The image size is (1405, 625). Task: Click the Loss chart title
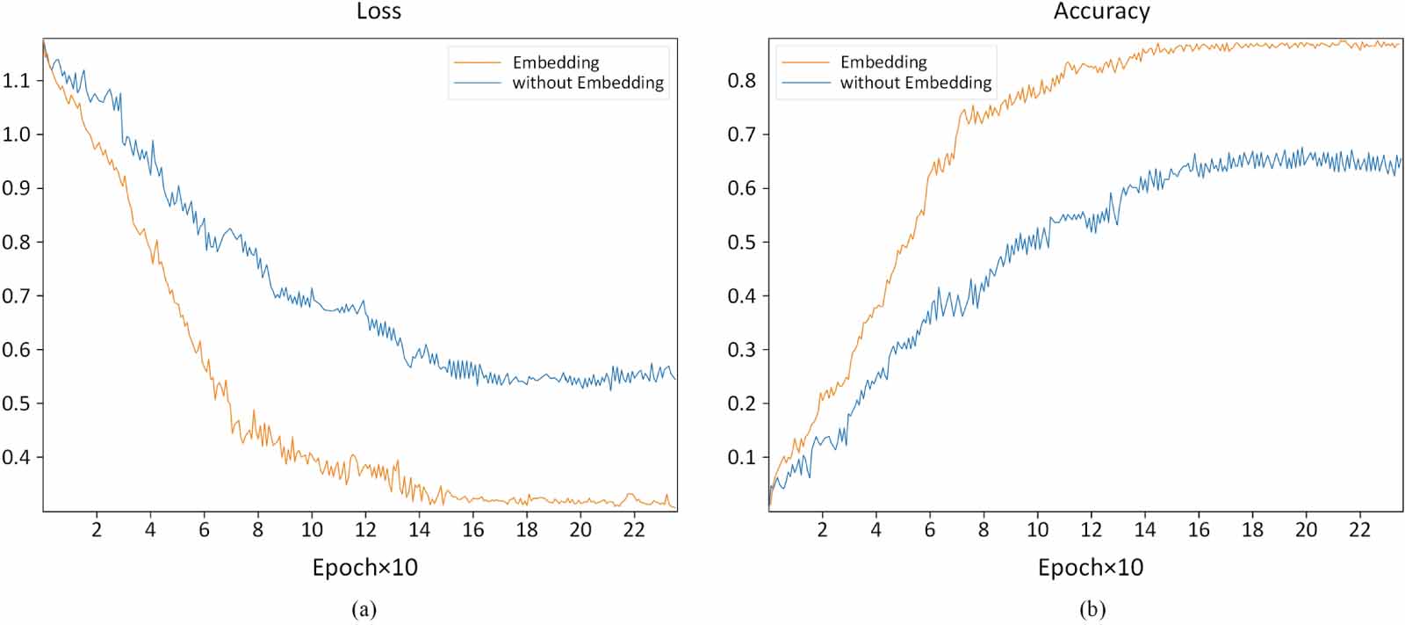tap(378, 11)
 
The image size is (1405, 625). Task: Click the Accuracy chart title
tap(1101, 11)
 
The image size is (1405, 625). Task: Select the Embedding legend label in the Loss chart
tap(555, 62)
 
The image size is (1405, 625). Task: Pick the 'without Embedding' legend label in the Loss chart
tap(587, 83)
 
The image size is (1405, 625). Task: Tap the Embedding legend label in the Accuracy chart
tap(883, 62)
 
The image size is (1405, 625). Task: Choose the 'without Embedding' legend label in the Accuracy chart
tap(915, 83)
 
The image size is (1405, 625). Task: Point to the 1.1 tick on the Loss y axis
tap(16, 81)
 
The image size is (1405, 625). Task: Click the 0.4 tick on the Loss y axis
tap(16, 457)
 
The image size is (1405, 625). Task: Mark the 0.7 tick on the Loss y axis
tap(16, 295)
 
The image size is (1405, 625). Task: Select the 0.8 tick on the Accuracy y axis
tap(741, 81)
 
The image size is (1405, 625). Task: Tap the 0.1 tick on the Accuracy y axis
tap(741, 457)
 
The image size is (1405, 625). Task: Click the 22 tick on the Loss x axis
tap(634, 529)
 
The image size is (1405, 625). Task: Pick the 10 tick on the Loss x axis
tap(312, 529)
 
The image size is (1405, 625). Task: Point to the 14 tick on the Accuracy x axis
tap(1145, 529)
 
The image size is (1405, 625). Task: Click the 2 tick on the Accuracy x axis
tap(822, 529)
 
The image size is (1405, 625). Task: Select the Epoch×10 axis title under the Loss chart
tap(364, 568)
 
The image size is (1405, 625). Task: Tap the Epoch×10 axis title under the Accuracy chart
tap(1091, 568)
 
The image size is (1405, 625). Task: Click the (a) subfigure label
tap(364, 609)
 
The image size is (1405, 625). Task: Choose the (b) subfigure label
tap(1092, 609)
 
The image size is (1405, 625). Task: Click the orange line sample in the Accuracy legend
tap(804, 62)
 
